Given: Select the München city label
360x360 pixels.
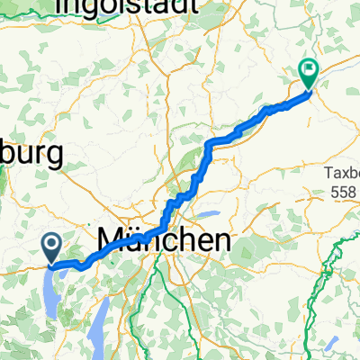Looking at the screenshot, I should coord(163,239).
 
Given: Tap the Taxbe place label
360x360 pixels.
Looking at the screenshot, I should coord(341,175).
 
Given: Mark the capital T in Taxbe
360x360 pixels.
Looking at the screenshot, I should coord(328,175).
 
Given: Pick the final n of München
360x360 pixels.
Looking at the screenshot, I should coord(220,240).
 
